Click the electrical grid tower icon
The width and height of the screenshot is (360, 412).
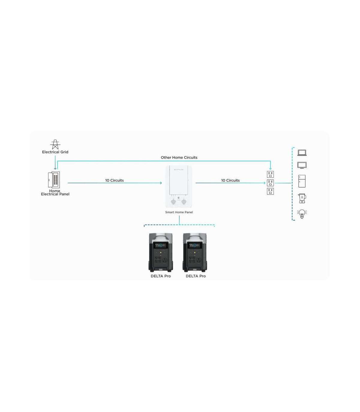[x=55, y=144]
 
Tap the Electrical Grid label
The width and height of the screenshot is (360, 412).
[x=55, y=152]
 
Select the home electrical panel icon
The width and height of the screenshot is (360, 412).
[x=54, y=180]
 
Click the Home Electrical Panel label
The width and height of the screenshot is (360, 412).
[x=55, y=192]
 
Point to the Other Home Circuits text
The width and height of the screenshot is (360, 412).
[x=179, y=157]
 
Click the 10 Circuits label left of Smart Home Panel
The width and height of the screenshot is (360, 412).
[x=114, y=180]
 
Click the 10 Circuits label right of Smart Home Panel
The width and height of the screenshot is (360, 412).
[x=230, y=180]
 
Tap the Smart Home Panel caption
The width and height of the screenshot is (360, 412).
[x=179, y=212]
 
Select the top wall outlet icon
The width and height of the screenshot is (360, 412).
[x=270, y=174]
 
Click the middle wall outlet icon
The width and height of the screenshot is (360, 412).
[x=270, y=183]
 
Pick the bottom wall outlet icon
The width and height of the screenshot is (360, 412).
[x=270, y=191]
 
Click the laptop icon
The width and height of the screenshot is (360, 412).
[x=302, y=153]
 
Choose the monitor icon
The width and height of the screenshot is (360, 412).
[x=302, y=165]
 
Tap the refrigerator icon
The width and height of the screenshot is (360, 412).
[x=302, y=181]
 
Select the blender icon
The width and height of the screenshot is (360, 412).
[x=302, y=198]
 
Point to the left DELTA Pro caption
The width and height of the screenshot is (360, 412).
[x=161, y=276]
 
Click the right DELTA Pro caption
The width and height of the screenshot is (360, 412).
[x=196, y=276]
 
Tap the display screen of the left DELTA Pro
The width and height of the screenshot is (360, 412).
[x=160, y=245]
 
